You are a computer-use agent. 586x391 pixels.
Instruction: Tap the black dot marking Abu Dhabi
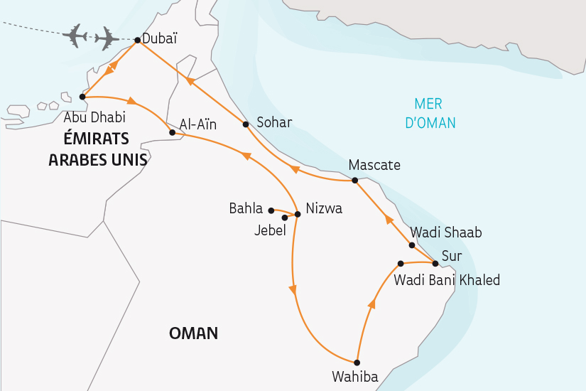pyautogui.click(x=82, y=97)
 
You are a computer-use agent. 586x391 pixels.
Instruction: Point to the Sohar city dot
pyautogui.click(x=246, y=124)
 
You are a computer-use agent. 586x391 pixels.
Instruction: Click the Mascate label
pyautogui.click(x=374, y=165)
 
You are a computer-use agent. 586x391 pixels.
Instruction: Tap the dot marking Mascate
pyautogui.click(x=355, y=181)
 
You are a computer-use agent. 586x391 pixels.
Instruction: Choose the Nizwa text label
pyautogui.click(x=324, y=208)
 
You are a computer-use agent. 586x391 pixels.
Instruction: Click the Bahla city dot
pyautogui.click(x=271, y=210)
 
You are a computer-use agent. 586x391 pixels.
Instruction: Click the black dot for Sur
pyautogui.click(x=435, y=263)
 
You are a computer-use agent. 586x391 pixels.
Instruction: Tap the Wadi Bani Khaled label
pyautogui.click(x=446, y=280)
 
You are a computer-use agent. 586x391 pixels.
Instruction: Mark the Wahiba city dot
pyautogui.click(x=357, y=362)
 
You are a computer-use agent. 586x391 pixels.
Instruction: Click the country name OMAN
pyautogui.click(x=193, y=333)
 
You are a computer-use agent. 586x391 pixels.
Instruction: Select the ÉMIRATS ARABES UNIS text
pyautogui.click(x=98, y=148)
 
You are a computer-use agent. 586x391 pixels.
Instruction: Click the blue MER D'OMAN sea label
pyautogui.click(x=430, y=112)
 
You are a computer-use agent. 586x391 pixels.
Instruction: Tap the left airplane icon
pyautogui.click(x=75, y=35)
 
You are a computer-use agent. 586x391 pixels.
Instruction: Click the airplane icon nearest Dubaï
pyautogui.click(x=107, y=38)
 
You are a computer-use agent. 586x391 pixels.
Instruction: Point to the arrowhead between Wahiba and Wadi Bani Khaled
pyautogui.click(x=370, y=305)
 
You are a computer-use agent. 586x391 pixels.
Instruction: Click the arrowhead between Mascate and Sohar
pyautogui.click(x=293, y=169)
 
